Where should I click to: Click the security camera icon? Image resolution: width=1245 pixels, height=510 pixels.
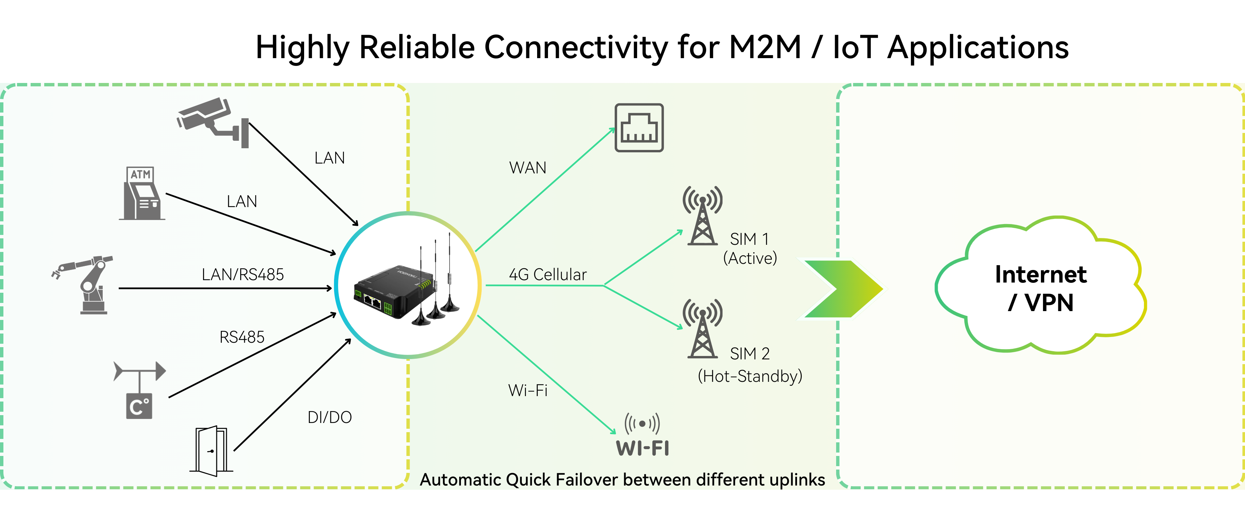[213, 121]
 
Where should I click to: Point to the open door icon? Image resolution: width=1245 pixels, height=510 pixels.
[211, 451]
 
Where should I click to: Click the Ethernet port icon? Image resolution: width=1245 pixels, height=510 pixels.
[639, 128]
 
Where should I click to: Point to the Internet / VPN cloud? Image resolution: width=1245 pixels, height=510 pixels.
[1041, 288]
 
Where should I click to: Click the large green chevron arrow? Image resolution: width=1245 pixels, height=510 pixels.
[843, 289]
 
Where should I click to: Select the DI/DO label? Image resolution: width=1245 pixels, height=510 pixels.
[330, 417]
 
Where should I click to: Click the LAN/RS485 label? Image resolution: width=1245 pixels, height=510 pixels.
[243, 274]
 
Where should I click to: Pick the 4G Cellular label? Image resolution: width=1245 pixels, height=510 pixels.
[548, 274]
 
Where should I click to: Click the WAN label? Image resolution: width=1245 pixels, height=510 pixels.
[527, 168]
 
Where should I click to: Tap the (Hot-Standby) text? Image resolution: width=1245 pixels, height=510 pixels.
[750, 376]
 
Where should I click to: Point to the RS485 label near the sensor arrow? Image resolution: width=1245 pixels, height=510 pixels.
[242, 337]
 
